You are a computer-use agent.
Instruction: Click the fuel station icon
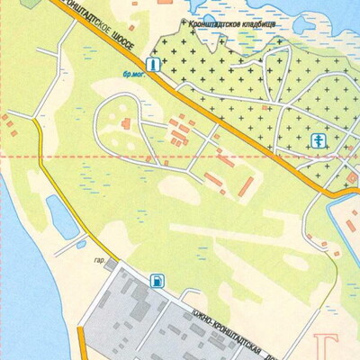157,280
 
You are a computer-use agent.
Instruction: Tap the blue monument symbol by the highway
154,65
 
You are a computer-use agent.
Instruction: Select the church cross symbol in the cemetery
317,139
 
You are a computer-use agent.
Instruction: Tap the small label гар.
99,263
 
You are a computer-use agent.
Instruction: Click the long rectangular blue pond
61,219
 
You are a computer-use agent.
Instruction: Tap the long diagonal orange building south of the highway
245,188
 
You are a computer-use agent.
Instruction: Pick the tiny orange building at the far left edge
13,133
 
